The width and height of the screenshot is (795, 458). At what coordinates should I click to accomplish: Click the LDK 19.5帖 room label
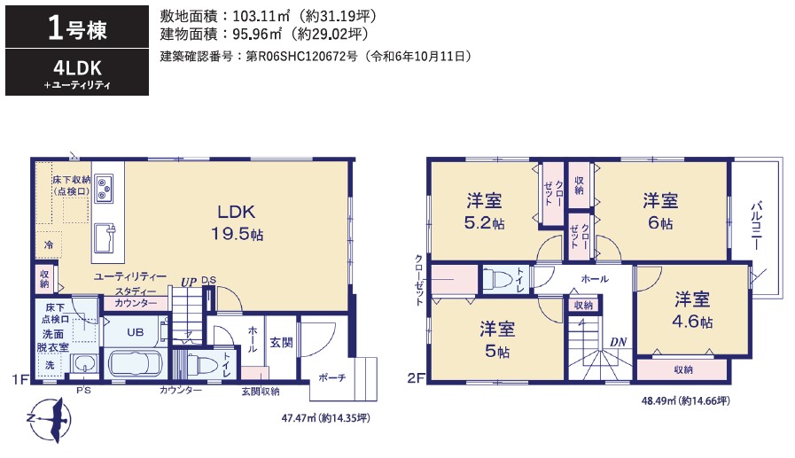(237, 222)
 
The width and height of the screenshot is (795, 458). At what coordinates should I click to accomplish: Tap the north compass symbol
(49, 420)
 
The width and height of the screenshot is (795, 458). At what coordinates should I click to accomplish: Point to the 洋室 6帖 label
(660, 211)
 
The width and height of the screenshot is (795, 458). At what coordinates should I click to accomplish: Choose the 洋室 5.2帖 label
(484, 211)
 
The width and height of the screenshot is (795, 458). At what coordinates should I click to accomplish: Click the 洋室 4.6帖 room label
(692, 310)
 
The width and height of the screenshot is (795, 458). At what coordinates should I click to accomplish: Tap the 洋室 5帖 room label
(497, 340)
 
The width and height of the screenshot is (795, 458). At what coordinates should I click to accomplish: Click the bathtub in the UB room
(136, 362)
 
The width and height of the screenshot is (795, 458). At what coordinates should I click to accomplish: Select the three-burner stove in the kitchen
(105, 189)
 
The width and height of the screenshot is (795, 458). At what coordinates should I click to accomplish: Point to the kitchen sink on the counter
(104, 237)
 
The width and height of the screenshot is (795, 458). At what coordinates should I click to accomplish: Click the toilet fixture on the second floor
(499, 279)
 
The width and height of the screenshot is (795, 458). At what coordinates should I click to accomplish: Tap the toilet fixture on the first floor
(203, 364)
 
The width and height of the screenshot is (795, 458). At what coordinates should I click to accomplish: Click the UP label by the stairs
(189, 283)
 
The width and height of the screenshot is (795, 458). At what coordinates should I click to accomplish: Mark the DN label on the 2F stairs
(618, 343)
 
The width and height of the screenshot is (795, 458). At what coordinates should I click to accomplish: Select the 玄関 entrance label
(281, 343)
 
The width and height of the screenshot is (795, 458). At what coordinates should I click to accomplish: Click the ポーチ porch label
(332, 377)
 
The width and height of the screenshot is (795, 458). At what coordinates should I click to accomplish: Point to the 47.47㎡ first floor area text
(325, 418)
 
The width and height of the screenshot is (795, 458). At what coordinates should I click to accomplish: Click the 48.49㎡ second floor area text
(686, 401)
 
